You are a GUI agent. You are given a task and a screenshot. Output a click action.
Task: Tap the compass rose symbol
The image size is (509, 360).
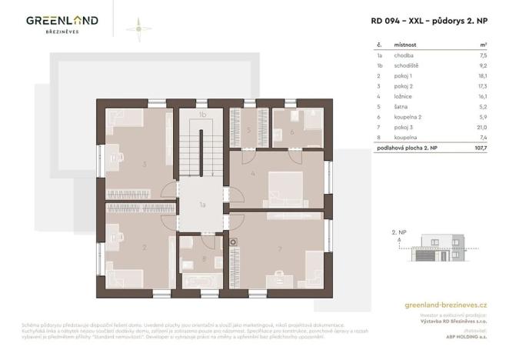click(138, 28)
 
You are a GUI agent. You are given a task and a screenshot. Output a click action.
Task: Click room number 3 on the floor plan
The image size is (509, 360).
click(145, 163)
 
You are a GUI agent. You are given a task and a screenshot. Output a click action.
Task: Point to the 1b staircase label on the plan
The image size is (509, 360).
click(202, 115)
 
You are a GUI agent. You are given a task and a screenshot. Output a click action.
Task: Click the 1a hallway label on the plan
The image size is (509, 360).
click(202, 205)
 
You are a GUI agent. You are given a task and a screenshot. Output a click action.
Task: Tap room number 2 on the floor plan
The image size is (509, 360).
click(144, 248)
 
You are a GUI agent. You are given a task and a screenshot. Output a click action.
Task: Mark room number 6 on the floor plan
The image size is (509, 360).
click(292, 132)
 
